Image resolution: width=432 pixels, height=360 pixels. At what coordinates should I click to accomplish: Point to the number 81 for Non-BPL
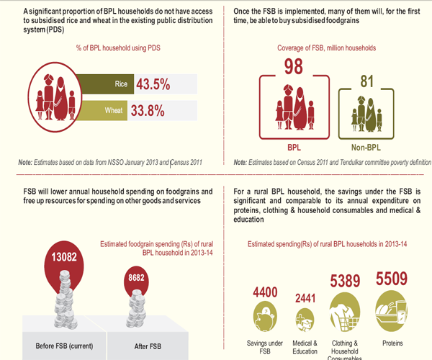pos(368,82)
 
